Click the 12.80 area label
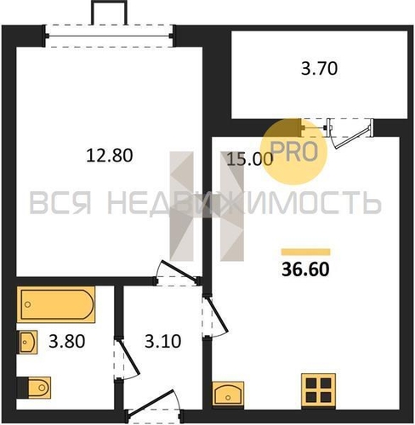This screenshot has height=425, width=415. point(110,156)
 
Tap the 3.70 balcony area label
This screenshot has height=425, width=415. point(319,69)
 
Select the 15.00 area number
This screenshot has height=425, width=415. point(250,159)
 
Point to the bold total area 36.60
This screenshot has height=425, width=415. point(305,269)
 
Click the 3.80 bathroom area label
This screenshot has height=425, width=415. point(67,341)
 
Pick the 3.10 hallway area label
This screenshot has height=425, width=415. point(162,341)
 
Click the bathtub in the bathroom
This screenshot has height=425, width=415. point(56,304)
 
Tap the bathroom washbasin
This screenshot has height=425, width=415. point(28,342)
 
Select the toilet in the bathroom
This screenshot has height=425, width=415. point(34,388)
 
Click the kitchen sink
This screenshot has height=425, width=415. point(228,394)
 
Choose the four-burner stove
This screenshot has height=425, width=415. point(319,391)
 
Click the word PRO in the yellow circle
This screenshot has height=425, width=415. point(294,151)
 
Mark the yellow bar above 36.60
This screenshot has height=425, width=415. point(306,252)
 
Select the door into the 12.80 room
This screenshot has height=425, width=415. point(177,273)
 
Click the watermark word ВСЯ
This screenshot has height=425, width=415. point(60,203)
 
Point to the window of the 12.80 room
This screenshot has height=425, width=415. point(109,36)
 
